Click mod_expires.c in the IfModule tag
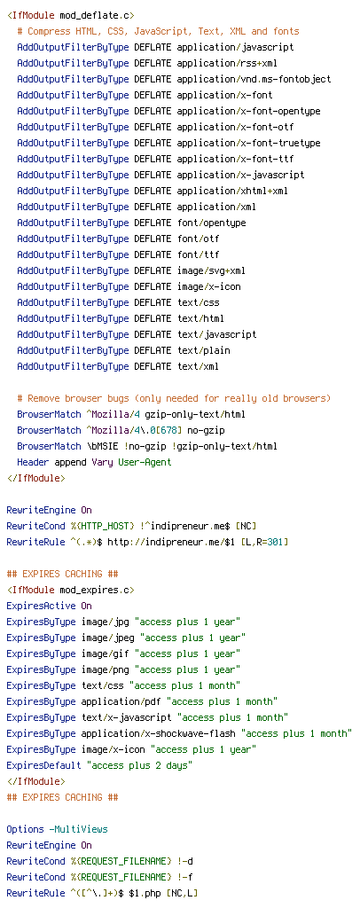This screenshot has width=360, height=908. [x=97, y=590]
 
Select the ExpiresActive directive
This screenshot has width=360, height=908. [x=41, y=606]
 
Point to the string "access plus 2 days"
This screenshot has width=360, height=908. [x=139, y=765]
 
